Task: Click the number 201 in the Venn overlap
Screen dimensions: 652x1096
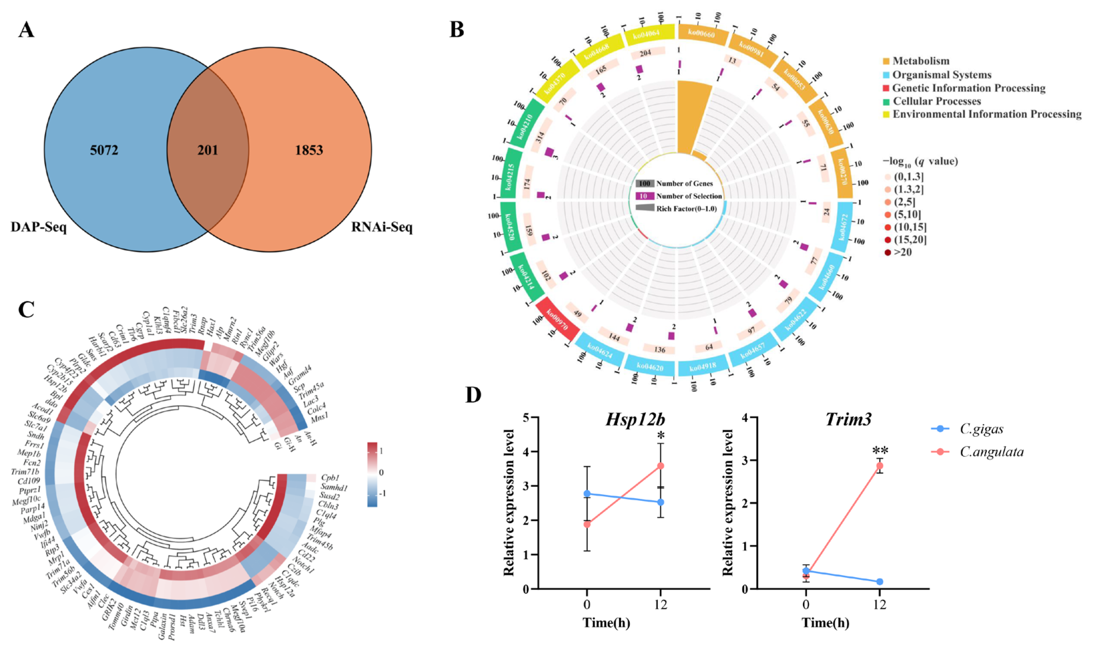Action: [x=207, y=150]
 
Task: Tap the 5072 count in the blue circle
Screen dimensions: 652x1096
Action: [x=104, y=150]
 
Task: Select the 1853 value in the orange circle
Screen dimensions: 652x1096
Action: [x=309, y=150]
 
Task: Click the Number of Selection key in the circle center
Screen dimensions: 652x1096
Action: [x=689, y=196]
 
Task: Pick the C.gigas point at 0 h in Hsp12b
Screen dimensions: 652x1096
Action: [x=587, y=494]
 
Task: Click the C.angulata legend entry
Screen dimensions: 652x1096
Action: [x=991, y=452]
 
